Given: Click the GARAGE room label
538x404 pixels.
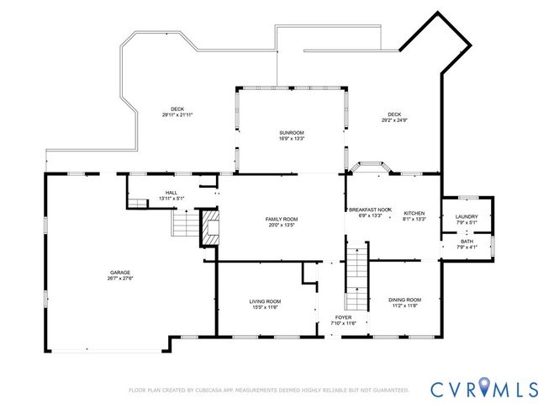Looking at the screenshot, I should coord(120,272).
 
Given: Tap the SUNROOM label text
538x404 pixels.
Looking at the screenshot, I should coord(292,133).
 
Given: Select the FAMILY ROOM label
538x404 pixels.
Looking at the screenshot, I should coord(282,219).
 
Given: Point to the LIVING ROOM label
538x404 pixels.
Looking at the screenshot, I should coord(265,301).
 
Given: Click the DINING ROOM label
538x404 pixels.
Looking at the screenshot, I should coord(404,300).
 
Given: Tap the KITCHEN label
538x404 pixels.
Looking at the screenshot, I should coord(414,213).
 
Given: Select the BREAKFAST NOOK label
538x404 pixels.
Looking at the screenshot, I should coord(370,210).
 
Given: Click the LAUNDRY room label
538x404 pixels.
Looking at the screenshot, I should coord(467,217).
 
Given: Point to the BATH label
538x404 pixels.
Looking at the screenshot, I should coord(467,242).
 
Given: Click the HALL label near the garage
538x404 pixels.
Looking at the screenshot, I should coord(171,193).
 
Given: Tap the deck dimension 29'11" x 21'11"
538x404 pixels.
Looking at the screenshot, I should coord(177,114).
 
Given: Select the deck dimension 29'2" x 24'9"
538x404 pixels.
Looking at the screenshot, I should coord(394,120).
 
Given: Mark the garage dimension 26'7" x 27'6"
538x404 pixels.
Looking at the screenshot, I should coord(120,279).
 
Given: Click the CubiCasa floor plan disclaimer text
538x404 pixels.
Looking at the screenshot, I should coord(268,391).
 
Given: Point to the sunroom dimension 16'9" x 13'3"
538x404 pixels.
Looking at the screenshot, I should coord(292,140).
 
